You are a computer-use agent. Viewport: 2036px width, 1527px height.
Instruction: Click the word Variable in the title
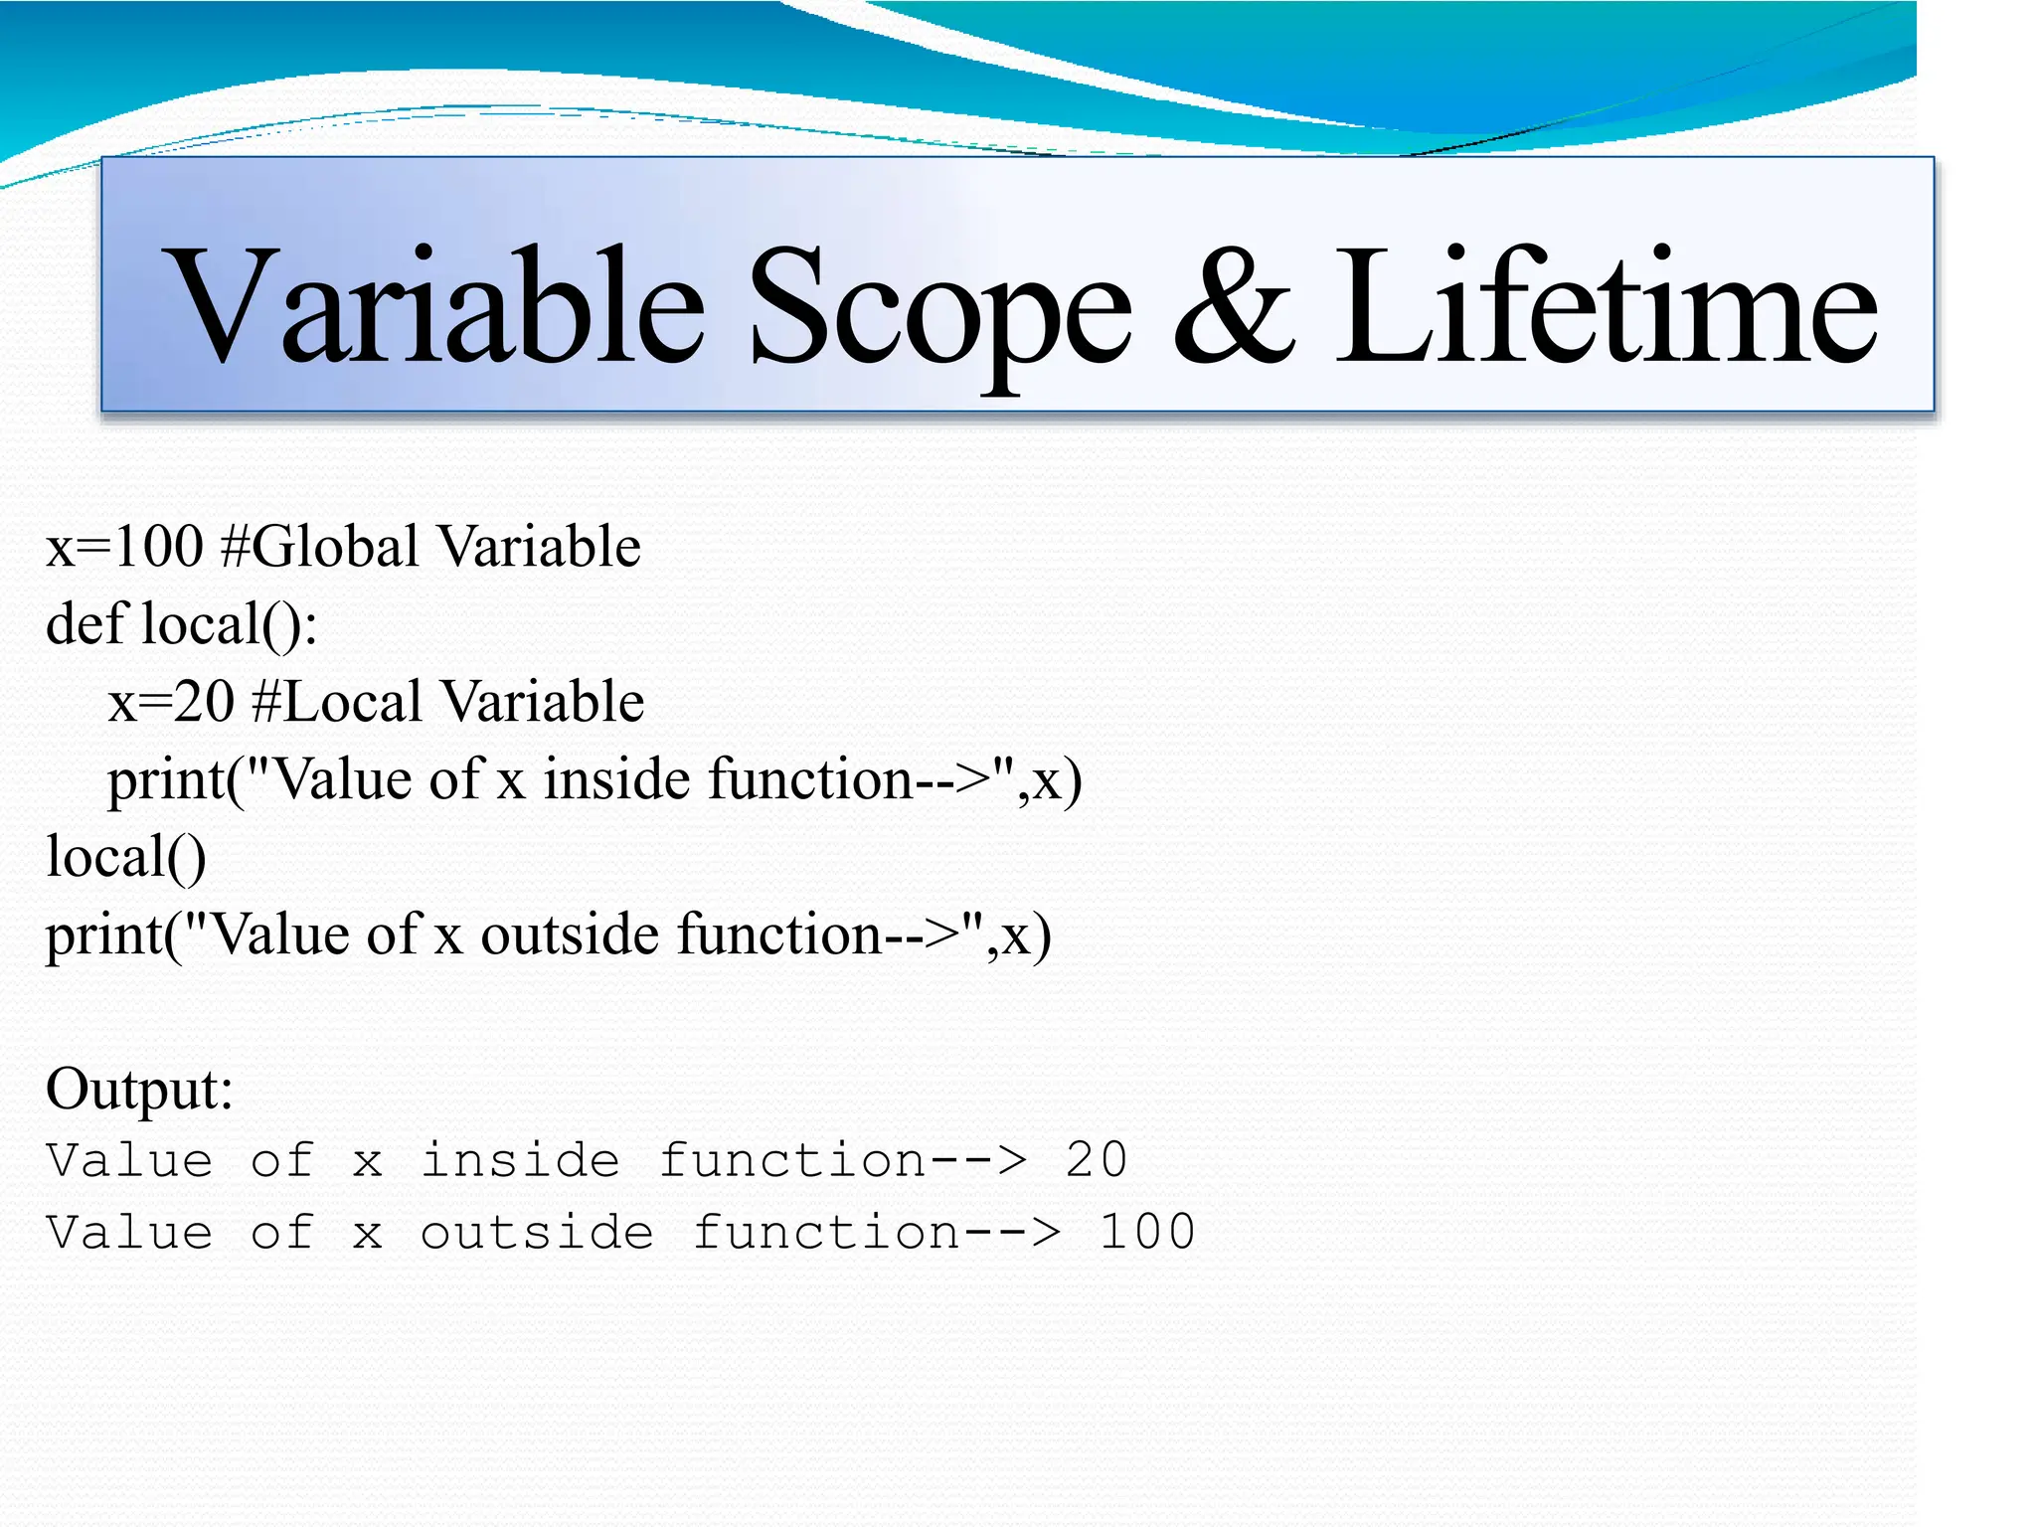click(x=437, y=306)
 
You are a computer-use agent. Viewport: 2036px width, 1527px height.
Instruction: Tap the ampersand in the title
click(x=1234, y=306)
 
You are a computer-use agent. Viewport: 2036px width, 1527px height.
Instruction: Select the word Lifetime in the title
click(x=1605, y=306)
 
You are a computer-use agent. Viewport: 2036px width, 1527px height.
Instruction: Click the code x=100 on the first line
click(x=125, y=547)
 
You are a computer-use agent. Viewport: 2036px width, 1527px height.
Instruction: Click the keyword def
click(x=85, y=624)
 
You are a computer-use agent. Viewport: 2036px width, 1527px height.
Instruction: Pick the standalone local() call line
click(x=126, y=857)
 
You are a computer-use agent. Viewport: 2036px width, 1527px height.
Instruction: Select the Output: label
click(x=139, y=1090)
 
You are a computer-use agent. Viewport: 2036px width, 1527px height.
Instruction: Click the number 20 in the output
click(x=1096, y=1160)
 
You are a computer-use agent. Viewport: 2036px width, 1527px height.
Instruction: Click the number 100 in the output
click(x=1146, y=1233)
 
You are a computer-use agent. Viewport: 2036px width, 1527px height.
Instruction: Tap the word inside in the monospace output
click(x=520, y=1160)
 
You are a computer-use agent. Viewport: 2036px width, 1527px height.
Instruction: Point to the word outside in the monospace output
click(x=537, y=1233)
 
